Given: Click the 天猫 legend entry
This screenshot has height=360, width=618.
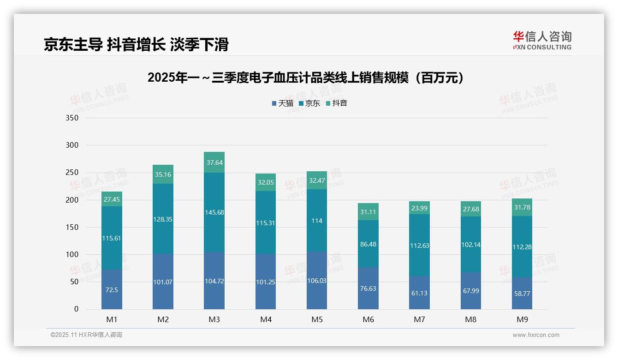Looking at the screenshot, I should (283, 103).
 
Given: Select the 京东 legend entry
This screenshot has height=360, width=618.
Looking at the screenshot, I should (309, 103).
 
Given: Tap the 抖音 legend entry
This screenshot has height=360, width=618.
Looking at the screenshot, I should (337, 103).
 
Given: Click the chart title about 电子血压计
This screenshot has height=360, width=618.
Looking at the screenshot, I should (305, 78).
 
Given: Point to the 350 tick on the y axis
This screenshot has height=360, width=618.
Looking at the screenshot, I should (72, 118).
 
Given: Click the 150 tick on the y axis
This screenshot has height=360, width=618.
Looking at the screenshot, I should (72, 227).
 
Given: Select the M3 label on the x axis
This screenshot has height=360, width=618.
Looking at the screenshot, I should (214, 319).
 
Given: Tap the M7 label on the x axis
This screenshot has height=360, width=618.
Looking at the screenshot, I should (419, 319).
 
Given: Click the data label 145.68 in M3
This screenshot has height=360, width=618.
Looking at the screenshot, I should (214, 212).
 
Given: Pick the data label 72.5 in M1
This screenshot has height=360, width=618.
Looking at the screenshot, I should (112, 289).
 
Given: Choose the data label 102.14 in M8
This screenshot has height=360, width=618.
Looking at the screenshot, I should (470, 245).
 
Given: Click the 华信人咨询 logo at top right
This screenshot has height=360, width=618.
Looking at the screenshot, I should (542, 40).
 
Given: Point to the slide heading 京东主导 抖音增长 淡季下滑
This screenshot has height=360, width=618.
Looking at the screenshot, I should (136, 45).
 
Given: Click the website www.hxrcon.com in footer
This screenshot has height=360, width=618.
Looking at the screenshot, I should (536, 335).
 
